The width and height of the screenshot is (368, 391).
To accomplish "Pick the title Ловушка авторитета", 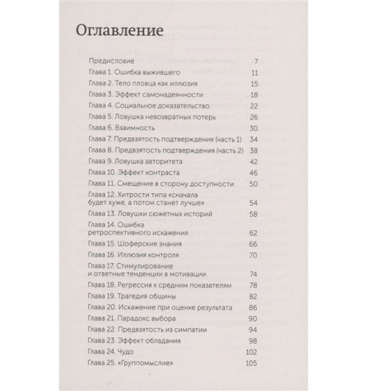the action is [x=149, y=160].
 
